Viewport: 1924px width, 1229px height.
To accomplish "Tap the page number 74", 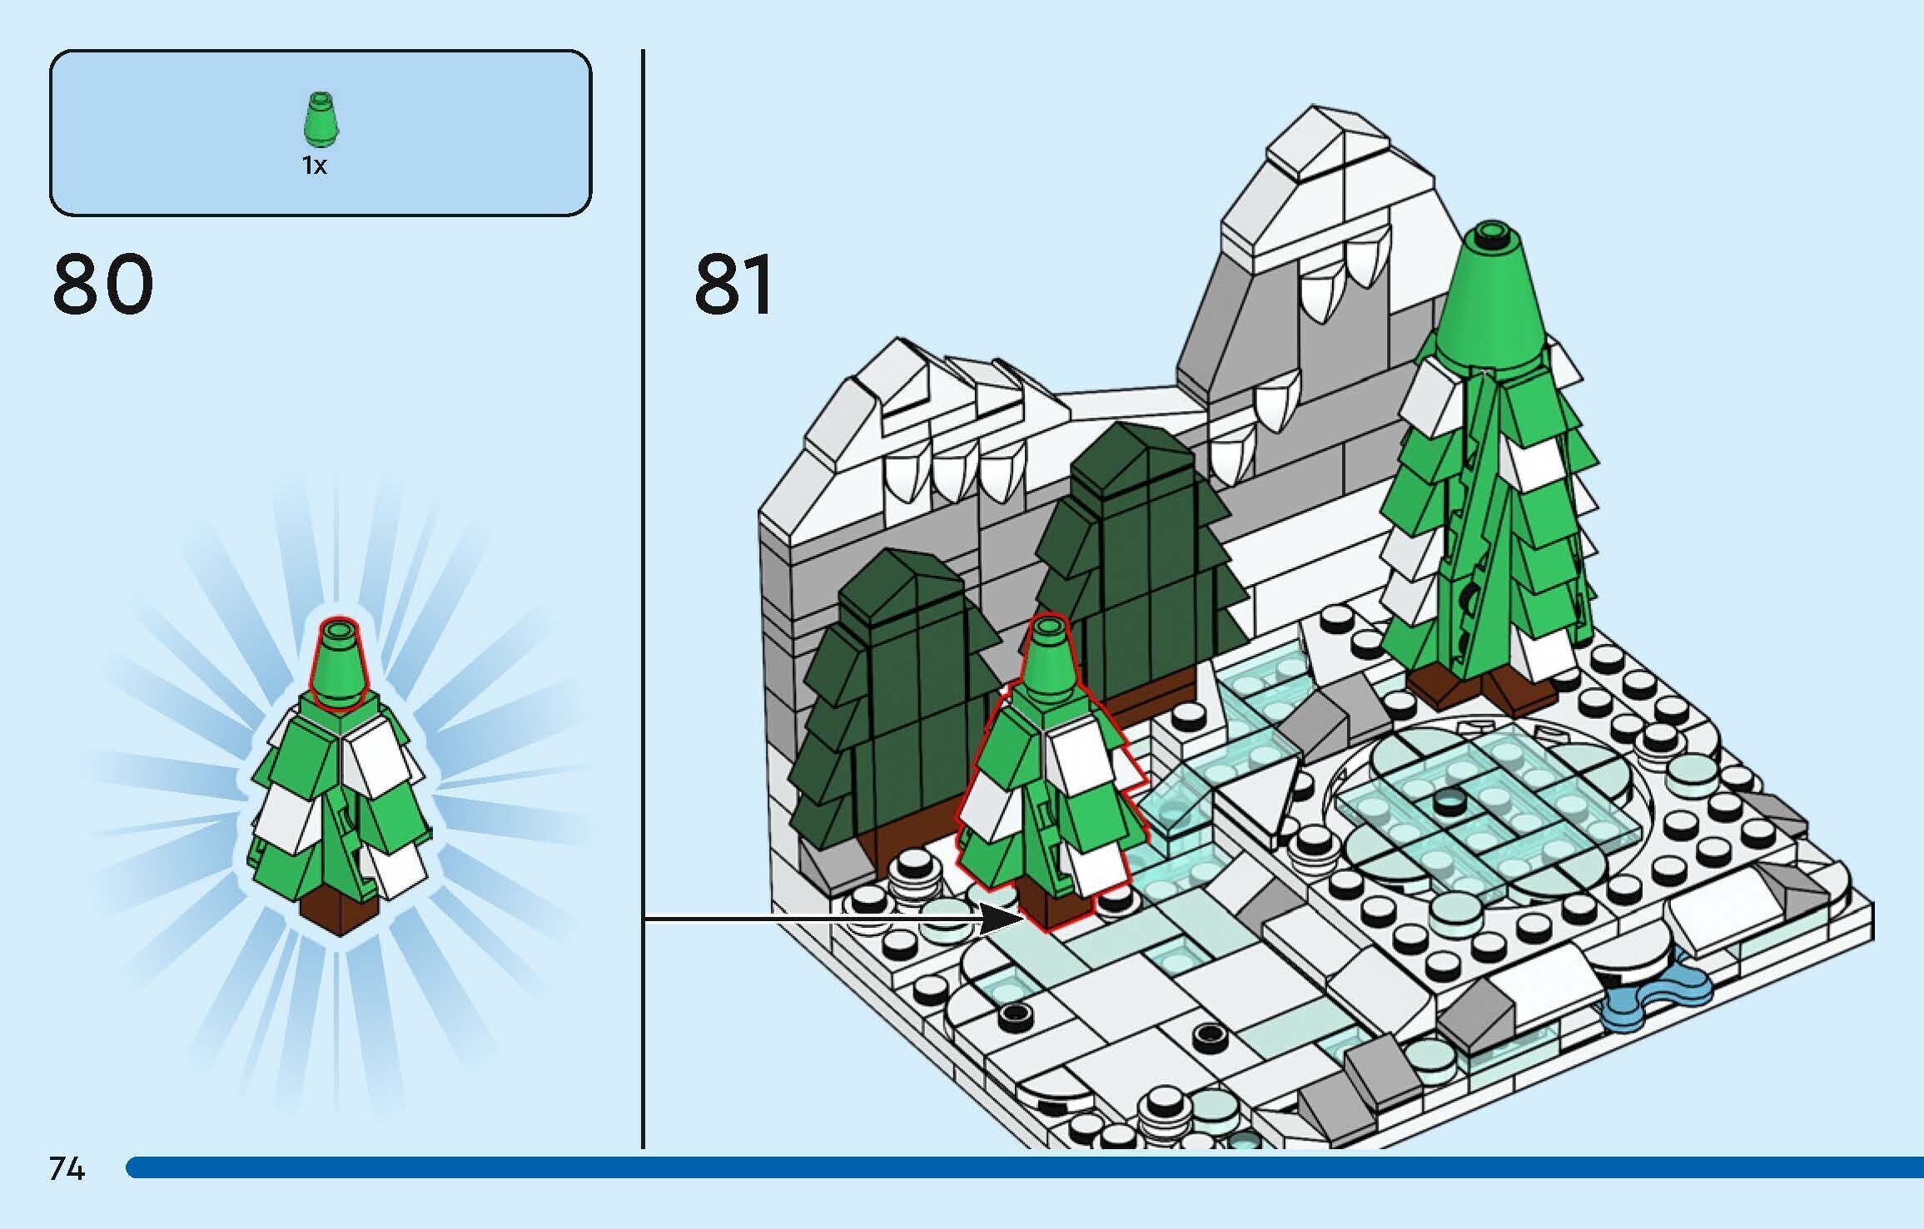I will pyautogui.click(x=67, y=1169).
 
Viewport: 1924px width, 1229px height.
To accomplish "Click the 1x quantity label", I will pyautogui.click(x=315, y=166).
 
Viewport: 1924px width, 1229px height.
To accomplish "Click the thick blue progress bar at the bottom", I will pyautogui.click(x=1024, y=1167).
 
